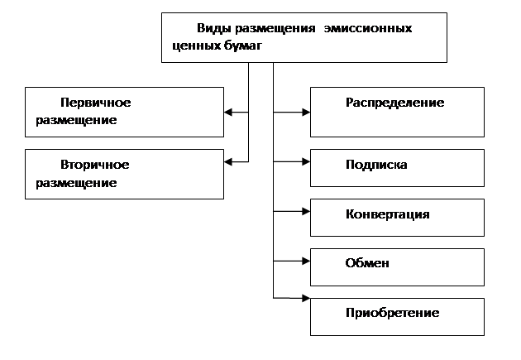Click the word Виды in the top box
pos(214,29)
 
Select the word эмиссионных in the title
pos(368,28)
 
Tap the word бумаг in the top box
pos(243,45)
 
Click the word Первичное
pos(96,103)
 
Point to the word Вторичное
pos(95,165)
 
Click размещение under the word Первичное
pos(76,120)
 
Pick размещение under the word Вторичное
pos(76,183)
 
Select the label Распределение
pos(395,103)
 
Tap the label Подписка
pos(376,165)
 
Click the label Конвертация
pos(388,214)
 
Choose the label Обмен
pos(367,263)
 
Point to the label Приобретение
pos(393,313)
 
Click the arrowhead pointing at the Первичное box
pos(228,113)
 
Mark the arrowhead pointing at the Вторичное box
pos(228,162)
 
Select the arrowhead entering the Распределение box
pos(306,113)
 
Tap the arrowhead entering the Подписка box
pos(306,162)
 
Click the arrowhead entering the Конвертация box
pos(306,211)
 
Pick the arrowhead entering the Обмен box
pos(306,262)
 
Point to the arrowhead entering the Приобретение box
pos(306,298)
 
